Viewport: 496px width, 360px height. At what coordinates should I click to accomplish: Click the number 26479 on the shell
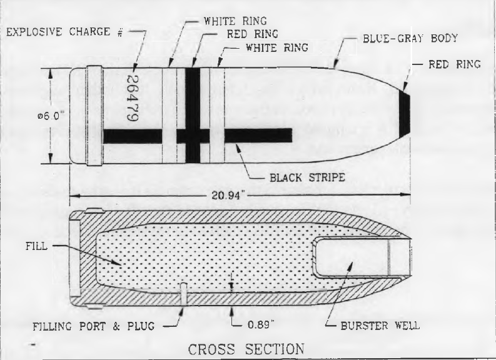132,98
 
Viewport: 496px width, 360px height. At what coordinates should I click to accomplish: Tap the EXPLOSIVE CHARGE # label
64,32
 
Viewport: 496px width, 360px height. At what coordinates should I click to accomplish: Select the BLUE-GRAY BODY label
410,38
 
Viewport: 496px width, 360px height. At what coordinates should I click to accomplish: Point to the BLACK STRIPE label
307,177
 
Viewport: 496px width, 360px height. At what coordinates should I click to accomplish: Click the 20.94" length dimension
229,196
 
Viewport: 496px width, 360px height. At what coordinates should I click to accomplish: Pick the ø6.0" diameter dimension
51,116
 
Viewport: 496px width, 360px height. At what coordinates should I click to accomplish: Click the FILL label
36,246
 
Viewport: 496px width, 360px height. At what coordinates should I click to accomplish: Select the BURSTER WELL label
380,326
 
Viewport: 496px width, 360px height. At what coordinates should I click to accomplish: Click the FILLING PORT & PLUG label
94,326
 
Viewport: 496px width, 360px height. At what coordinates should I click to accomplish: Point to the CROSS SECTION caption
246,349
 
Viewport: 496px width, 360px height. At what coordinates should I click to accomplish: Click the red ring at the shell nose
404,114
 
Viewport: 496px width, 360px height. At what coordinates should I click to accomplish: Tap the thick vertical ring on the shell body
193,116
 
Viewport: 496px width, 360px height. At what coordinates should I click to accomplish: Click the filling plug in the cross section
183,294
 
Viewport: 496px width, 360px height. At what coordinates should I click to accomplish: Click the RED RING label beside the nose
455,64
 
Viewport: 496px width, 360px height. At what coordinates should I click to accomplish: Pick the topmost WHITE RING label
235,21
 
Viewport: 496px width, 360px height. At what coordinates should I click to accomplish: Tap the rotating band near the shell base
94,116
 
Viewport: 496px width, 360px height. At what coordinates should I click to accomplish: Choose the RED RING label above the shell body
252,34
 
